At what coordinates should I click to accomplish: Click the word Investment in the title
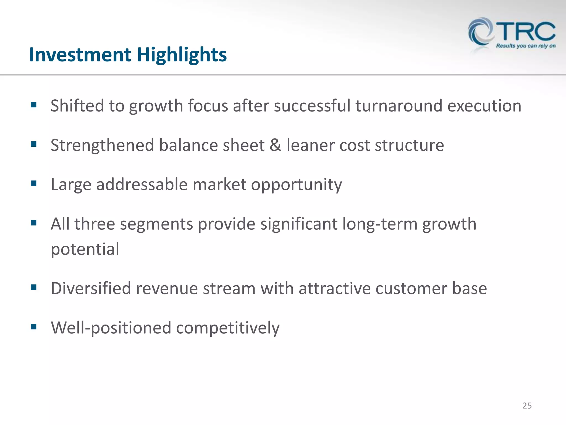80,55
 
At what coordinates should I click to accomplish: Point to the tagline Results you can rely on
526,46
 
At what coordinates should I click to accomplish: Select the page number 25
527,406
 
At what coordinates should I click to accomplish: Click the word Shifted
77,106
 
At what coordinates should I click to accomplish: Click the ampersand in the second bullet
275,145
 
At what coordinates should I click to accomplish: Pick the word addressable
142,185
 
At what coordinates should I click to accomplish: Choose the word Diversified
91,288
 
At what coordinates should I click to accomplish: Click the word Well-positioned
111,328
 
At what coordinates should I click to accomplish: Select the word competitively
228,328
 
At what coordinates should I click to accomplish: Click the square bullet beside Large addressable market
34,183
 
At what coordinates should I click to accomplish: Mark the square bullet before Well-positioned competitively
34,327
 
